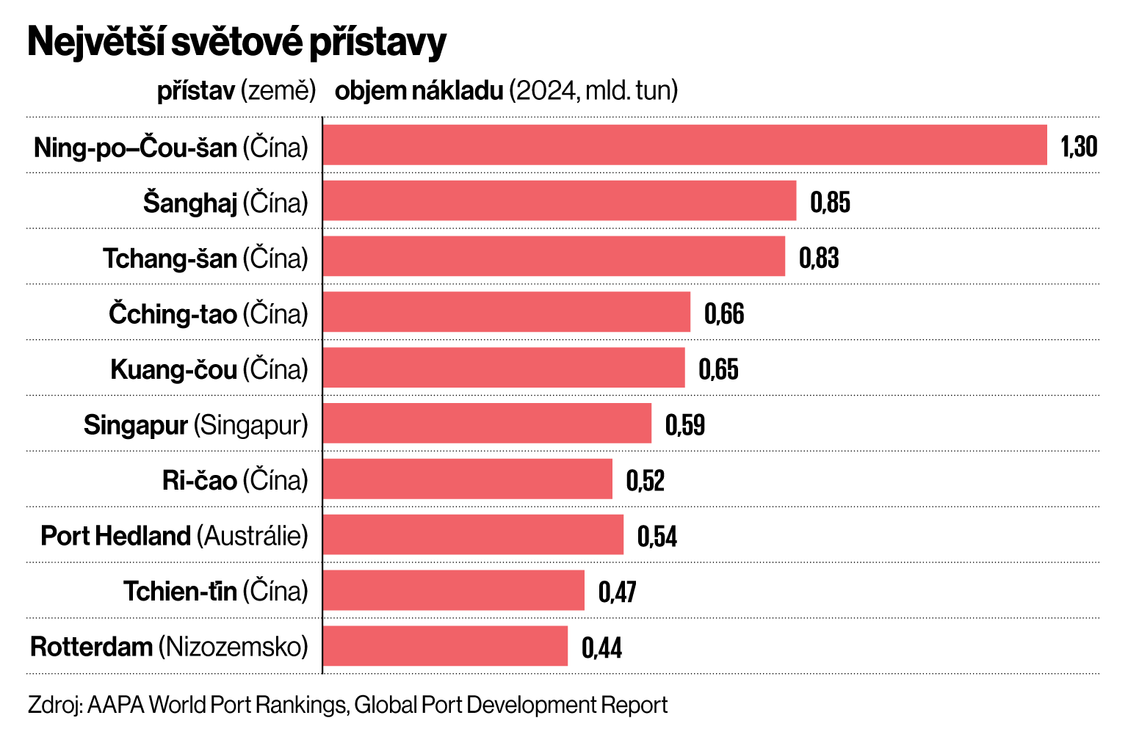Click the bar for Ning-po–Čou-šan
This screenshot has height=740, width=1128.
point(684,145)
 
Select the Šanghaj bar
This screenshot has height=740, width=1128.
point(559,200)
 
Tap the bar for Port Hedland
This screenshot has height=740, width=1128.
point(473,534)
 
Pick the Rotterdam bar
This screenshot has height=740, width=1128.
point(445,646)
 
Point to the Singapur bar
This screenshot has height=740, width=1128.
point(487,423)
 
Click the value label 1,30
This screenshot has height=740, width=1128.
point(1079,146)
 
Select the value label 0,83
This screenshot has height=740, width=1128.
point(819,258)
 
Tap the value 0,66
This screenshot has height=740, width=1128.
point(724,313)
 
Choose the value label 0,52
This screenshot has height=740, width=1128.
point(646,480)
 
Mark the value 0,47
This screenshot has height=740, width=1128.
point(618,591)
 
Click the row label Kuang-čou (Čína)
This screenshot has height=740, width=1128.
point(209,369)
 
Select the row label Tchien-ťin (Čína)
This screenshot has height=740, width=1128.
point(216,591)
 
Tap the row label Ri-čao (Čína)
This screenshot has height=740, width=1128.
point(235,480)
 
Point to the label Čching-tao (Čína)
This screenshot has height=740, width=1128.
point(209,313)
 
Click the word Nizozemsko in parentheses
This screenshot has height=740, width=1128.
point(233,647)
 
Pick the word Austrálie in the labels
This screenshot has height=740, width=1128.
point(252,535)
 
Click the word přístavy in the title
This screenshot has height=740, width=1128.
point(377,43)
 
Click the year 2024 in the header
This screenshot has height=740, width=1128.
point(544,90)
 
